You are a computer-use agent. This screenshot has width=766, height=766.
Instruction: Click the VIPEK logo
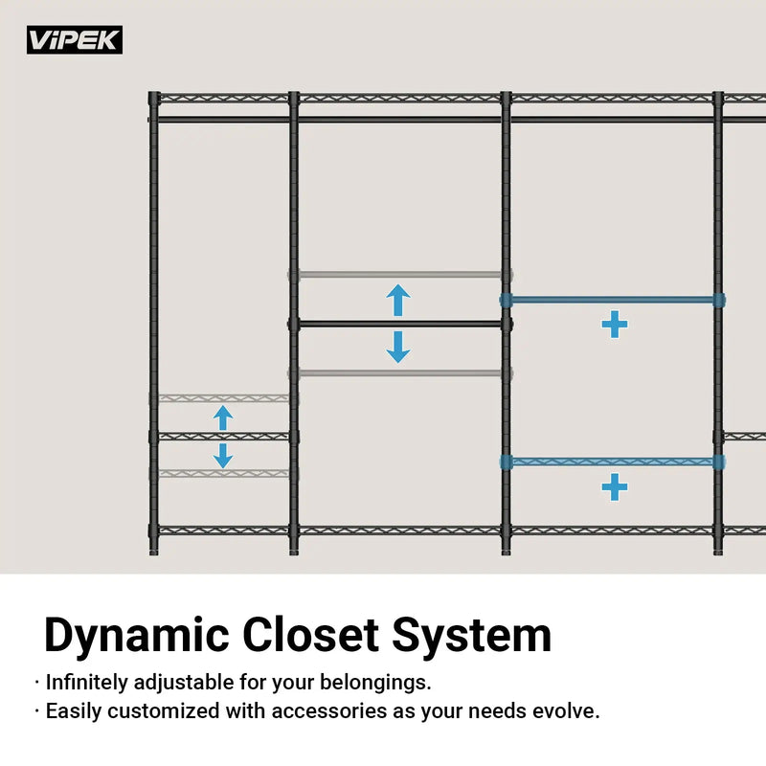pyautogui.click(x=75, y=39)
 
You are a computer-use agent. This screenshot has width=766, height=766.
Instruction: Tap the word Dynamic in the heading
pyautogui.click(x=136, y=636)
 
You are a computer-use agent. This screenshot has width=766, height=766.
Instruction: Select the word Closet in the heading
pyautogui.click(x=310, y=635)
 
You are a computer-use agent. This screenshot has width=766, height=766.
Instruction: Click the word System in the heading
pyautogui.click(x=472, y=636)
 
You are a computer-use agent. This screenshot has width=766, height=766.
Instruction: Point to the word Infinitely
pyautogui.click(x=86, y=683)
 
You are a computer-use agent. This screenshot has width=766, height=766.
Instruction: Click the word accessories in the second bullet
pyautogui.click(x=328, y=711)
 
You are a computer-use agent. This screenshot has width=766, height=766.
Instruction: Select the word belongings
pyautogui.click(x=375, y=683)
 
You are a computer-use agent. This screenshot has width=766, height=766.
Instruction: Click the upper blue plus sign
pyautogui.click(x=615, y=325)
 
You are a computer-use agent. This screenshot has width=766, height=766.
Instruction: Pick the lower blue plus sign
pyautogui.click(x=615, y=487)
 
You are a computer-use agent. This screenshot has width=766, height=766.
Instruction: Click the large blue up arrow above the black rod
pyautogui.click(x=398, y=300)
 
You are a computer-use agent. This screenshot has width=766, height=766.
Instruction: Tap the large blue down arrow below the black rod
pyautogui.click(x=398, y=347)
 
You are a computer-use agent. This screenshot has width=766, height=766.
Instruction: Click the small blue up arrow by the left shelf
pyautogui.click(x=223, y=418)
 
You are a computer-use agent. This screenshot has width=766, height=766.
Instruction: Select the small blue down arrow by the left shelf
pyautogui.click(x=223, y=456)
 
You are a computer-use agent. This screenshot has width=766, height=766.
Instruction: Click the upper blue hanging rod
pyautogui.click(x=613, y=300)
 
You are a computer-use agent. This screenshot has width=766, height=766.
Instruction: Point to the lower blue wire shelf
pyautogui.click(x=613, y=462)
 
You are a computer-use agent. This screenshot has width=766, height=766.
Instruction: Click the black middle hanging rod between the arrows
pyautogui.click(x=399, y=324)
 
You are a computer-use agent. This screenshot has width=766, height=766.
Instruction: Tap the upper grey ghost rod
pyautogui.click(x=399, y=275)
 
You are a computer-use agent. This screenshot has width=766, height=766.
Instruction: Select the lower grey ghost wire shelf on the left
pyautogui.click(x=223, y=473)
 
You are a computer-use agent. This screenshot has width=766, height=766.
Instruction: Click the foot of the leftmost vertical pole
pyautogui.click(x=154, y=552)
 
